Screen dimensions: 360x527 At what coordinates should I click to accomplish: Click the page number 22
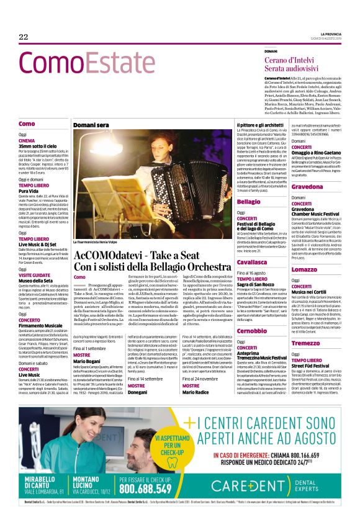tap(24, 37)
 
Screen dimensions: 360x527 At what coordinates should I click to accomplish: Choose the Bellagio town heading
tap(249, 202)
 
